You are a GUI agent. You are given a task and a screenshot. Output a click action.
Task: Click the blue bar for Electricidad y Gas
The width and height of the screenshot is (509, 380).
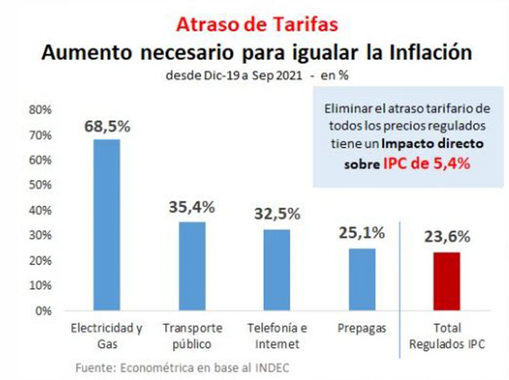pyautogui.click(x=107, y=225)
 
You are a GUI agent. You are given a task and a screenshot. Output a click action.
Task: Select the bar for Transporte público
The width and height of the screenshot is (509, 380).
pyautogui.click(x=192, y=266)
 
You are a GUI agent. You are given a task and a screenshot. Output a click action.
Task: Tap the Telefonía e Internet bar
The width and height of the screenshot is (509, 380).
pyautogui.click(x=277, y=270)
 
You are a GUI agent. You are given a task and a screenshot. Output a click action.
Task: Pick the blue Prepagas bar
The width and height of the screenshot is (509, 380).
pyautogui.click(x=362, y=280)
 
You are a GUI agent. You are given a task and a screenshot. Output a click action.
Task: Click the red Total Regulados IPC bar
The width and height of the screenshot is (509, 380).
pyautogui.click(x=446, y=281)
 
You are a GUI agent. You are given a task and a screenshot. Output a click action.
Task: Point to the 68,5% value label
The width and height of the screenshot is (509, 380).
pyautogui.click(x=107, y=126)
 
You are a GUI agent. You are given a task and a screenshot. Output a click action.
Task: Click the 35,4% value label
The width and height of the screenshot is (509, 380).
pyautogui.click(x=192, y=207)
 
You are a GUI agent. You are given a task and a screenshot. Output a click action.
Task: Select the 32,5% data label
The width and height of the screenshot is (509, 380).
pyautogui.click(x=277, y=214)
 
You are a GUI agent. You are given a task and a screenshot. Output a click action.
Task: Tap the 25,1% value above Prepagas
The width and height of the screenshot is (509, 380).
pyautogui.click(x=361, y=233)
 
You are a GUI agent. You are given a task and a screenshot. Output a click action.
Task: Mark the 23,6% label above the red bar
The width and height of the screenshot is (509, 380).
pyautogui.click(x=447, y=237)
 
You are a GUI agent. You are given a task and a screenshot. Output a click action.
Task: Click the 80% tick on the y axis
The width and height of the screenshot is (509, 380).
pyautogui.click(x=40, y=110)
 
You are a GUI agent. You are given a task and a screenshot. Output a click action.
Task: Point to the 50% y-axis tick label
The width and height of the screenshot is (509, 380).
pyautogui.click(x=40, y=185)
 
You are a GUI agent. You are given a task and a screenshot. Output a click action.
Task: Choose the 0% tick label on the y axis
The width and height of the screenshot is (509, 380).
pyautogui.click(x=44, y=311)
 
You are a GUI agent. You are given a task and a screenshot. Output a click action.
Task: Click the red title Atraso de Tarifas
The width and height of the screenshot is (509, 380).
pyautogui.click(x=257, y=24)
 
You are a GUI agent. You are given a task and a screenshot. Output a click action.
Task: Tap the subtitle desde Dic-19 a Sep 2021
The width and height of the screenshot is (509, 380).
pyautogui.click(x=233, y=76)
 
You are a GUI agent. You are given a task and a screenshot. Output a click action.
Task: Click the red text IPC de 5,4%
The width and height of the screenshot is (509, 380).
pyautogui.click(x=427, y=164)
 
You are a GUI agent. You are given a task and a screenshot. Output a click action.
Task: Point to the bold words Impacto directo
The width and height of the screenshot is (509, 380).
pyautogui.click(x=433, y=143)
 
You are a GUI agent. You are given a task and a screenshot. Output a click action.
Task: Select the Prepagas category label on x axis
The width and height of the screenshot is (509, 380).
pyautogui.click(x=361, y=328)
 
